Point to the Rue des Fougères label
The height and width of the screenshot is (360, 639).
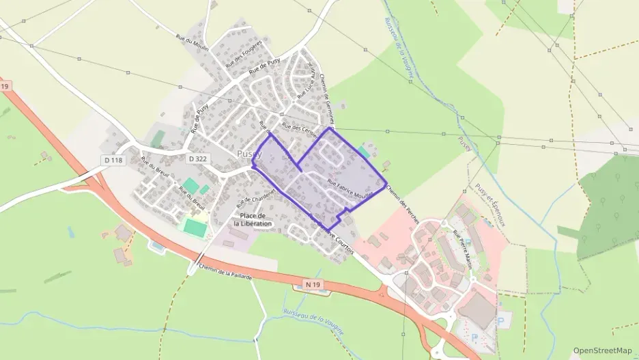(244, 53)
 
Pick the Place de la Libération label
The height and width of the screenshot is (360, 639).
(253, 220)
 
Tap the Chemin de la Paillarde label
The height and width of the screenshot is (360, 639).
(225, 271)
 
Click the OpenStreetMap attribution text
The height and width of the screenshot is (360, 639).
(602, 350)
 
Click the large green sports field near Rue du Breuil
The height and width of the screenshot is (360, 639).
(195, 227)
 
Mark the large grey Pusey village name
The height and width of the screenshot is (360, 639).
(249, 154)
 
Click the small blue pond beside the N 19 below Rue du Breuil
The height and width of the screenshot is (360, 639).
(156, 245)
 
